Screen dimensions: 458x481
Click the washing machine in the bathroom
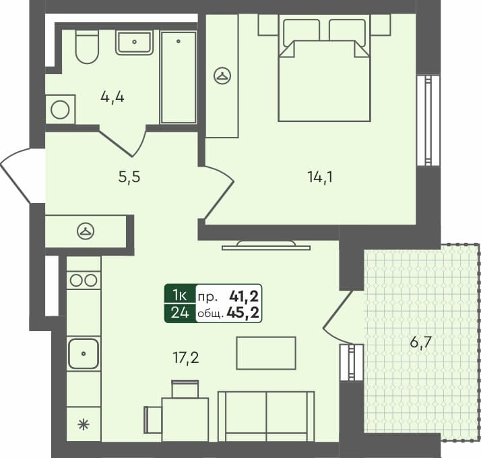pyautogui.click(x=60, y=109)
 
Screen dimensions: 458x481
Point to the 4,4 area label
pyautogui.click(x=113, y=96)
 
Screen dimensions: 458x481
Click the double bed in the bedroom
pyautogui.click(x=325, y=74)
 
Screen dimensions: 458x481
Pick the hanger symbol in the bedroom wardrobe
pyautogui.click(x=222, y=76)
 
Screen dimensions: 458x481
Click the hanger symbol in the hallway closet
pyautogui.click(x=86, y=231)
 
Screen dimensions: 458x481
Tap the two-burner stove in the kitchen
pyautogui.click(x=84, y=280)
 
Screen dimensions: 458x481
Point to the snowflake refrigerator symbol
pyautogui.click(x=84, y=424)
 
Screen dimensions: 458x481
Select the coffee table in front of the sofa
pyautogui.click(x=266, y=353)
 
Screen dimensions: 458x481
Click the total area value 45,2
pyautogui.click(x=245, y=313)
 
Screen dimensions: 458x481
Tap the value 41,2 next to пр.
pyautogui.click(x=245, y=295)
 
